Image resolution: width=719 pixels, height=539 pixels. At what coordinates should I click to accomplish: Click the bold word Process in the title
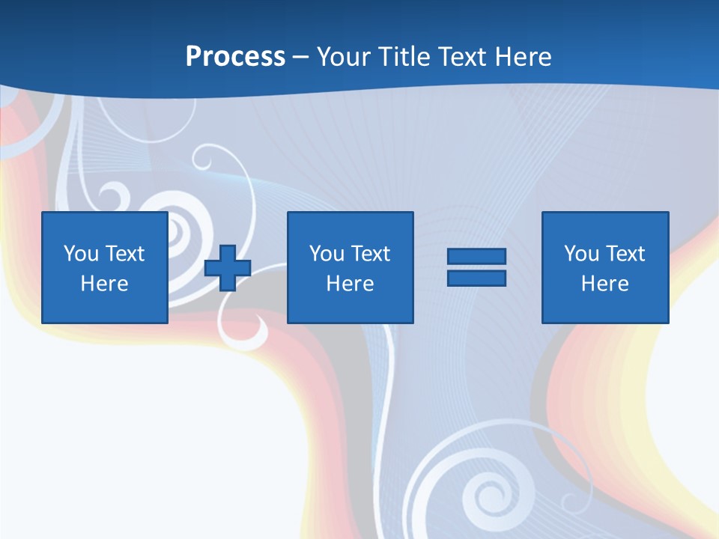235,57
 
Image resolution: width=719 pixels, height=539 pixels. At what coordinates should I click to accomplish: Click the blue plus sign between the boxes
228,267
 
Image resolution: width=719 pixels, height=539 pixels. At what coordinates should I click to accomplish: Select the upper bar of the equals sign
476,257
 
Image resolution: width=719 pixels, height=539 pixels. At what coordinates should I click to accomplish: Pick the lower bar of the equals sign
476,278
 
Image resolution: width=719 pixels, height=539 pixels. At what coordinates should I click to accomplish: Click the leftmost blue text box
104,267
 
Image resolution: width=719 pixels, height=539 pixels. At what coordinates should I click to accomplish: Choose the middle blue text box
350,267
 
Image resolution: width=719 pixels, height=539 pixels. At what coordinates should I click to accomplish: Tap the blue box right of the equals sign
604,267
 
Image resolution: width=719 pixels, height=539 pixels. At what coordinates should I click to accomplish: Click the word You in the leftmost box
81,254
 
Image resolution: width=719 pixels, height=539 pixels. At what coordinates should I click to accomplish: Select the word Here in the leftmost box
104,284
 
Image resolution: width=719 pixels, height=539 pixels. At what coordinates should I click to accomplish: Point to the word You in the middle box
327,254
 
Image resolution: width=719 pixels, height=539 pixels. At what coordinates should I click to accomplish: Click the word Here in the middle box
350,284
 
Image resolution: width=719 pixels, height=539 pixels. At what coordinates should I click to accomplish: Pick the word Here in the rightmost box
604,284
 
